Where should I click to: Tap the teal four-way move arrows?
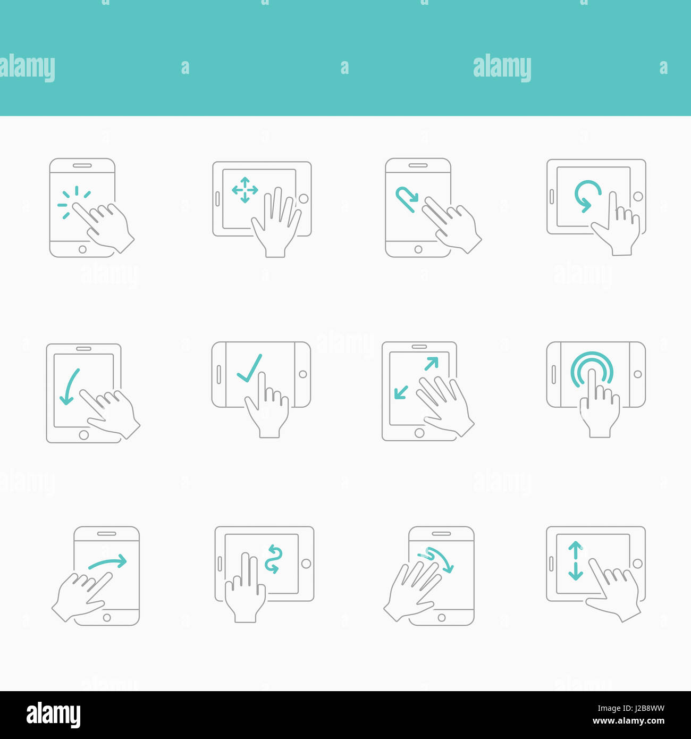pos(245,190)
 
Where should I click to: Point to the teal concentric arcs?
pos(592,367)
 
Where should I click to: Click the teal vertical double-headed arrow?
pos(575,561)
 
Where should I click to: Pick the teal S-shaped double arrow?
pos(273,559)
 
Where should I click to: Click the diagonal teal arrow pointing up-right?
pos(431,364)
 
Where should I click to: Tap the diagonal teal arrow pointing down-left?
pos(401,392)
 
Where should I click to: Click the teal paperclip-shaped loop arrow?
pos(407,199)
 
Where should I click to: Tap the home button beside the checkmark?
pos(303,374)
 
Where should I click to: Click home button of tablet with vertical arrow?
pos(638,564)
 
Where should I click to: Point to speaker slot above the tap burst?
pos(82,165)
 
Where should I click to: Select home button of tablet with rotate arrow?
pos(638,197)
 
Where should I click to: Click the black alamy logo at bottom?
pos(53,715)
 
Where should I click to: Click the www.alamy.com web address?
pos(628,721)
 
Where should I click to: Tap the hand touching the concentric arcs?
pos(599,409)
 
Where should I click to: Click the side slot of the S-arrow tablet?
pos(220,564)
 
